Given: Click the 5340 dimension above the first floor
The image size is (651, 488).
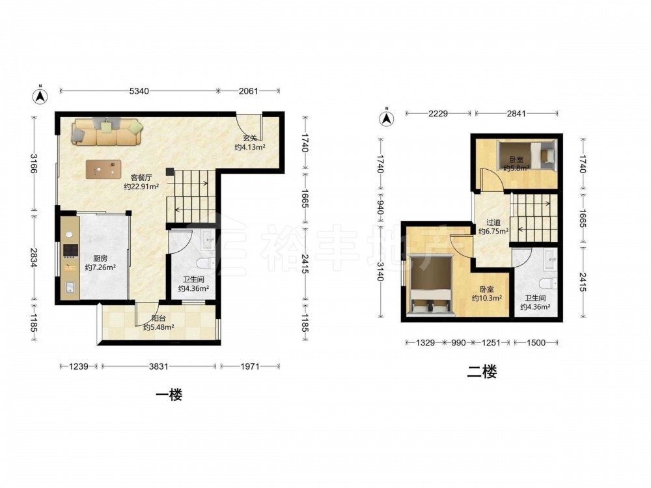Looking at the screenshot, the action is tap(139, 91).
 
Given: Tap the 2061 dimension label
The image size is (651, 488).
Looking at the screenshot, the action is tap(248, 91).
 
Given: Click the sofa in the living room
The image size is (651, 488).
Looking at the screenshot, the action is tap(107, 131).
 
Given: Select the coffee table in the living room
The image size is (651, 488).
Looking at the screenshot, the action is tap(104, 169).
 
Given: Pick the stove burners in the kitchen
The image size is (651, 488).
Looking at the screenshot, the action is tap(70, 250).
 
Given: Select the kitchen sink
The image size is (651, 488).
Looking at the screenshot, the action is tap(70, 287).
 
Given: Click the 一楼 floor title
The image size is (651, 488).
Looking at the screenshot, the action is tap(169, 394).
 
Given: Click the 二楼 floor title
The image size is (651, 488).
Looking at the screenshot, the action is tap(482, 372).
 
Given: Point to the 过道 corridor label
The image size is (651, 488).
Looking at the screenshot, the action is tap(493, 223).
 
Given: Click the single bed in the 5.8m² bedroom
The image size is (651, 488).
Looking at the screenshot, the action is tap(527, 156).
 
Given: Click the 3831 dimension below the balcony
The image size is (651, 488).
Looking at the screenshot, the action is tap(159, 366).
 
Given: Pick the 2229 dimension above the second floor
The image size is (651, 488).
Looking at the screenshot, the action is tap(438, 113).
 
